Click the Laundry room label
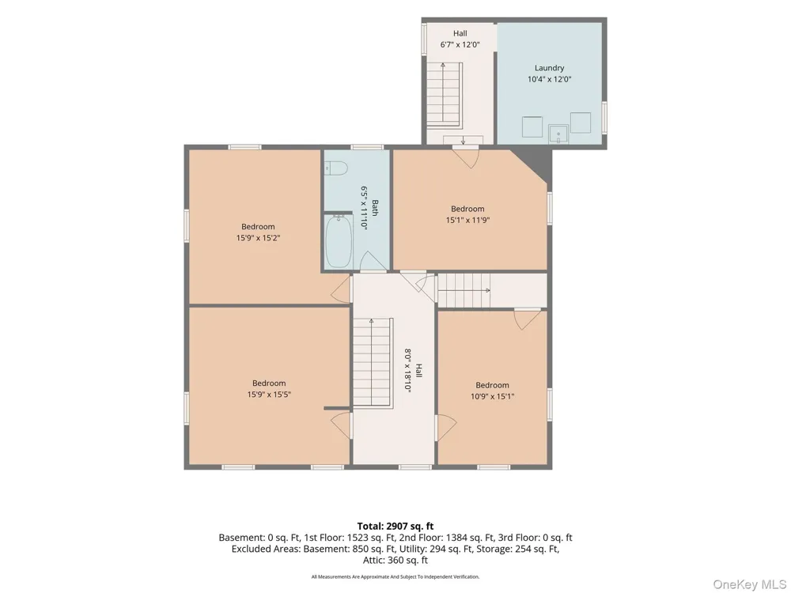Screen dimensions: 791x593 coord(550,67)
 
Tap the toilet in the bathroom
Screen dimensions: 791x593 coord(334,168)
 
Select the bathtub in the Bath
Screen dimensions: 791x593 coord(339,242)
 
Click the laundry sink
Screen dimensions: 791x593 coord(558,134)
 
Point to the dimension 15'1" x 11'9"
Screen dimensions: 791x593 coord(467,220)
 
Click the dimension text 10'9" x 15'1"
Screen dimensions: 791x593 coord(492,396)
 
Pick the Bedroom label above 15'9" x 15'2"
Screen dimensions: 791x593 coord(258,227)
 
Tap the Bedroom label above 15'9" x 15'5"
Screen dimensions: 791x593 coord(269,383)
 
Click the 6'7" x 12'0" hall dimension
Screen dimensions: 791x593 coord(460,44)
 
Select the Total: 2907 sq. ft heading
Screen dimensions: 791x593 coord(395,527)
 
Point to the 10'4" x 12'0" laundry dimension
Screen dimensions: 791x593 coord(550,79)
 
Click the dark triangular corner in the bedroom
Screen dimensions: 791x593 coord(536,161)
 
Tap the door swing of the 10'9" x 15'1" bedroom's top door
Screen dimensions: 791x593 coord(528,319)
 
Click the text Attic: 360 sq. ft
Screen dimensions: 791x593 coord(395,561)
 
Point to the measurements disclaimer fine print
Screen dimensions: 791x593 coord(395,576)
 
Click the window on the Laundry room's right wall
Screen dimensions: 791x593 coord(604,118)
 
